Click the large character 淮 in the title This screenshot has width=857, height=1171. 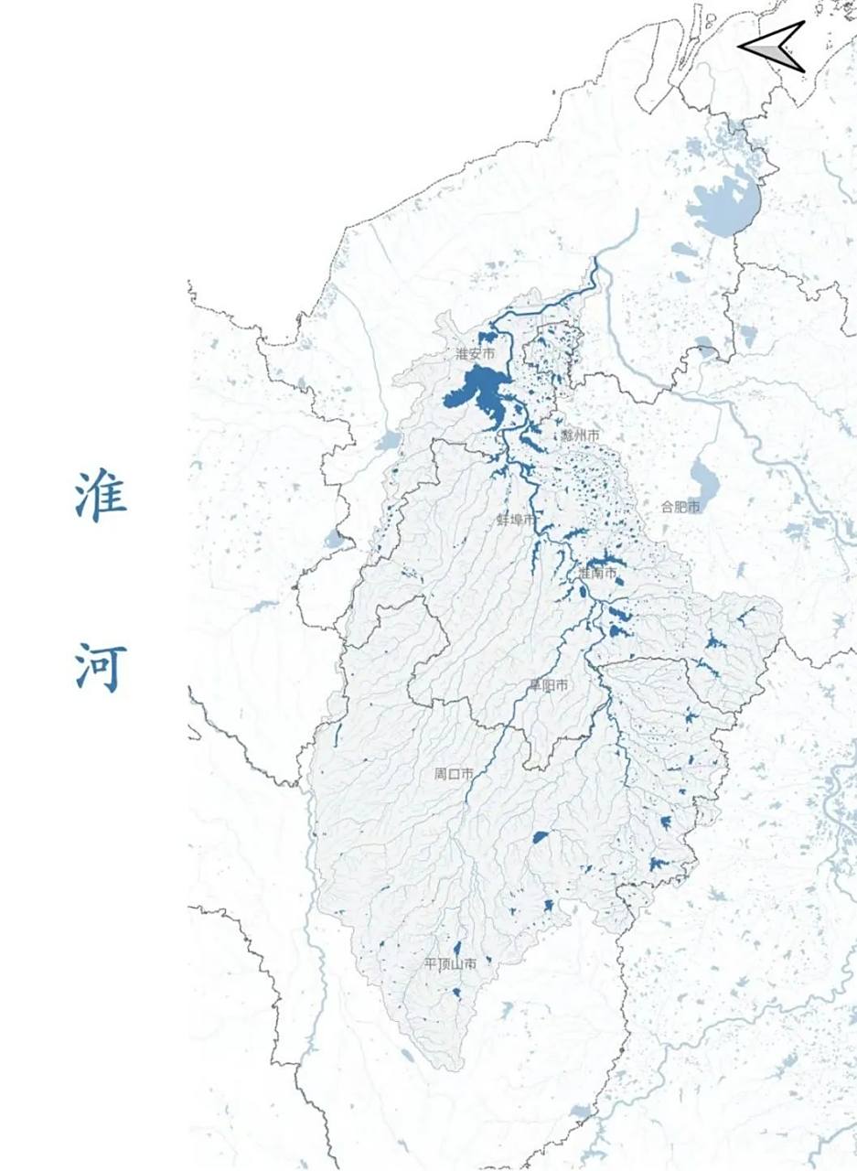click(101, 496)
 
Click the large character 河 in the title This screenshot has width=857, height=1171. click(101, 667)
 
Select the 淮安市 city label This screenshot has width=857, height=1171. click(476, 353)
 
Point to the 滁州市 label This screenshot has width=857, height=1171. click(581, 435)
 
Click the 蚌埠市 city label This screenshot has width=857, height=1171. click(516, 519)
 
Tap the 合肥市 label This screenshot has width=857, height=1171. click(681, 506)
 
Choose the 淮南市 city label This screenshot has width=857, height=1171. click(597, 574)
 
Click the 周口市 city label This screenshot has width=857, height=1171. click(454, 774)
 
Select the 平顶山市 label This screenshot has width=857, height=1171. click(450, 964)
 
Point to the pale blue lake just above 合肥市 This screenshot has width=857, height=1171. click(703, 477)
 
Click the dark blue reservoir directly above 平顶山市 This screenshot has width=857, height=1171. click(456, 948)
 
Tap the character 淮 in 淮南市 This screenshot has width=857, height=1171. click(584, 574)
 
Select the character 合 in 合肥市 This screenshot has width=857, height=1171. click(669, 506)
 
